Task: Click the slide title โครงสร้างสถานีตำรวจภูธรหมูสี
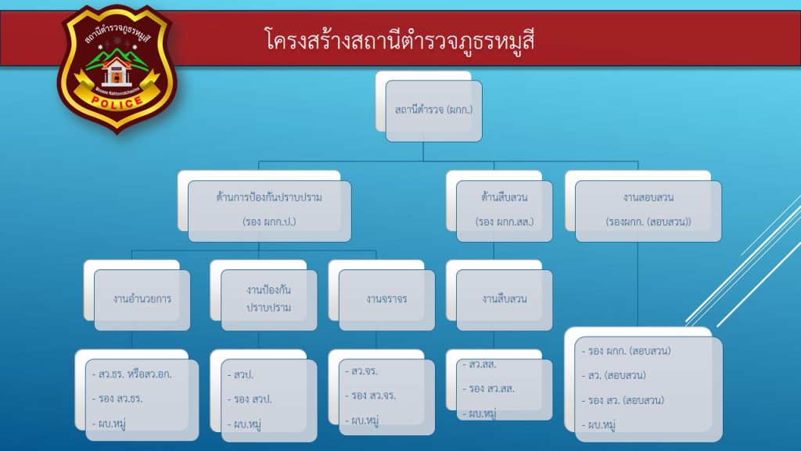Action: [x=400, y=40]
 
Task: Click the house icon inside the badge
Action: [x=117, y=72]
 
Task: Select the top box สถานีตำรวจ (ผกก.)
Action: [x=433, y=110]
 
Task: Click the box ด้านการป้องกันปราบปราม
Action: [x=269, y=211]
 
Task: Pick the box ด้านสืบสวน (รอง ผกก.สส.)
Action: [x=505, y=211]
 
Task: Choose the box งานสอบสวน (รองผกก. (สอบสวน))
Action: [x=648, y=211]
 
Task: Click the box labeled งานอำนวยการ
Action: [x=142, y=300]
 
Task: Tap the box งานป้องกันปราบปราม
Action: [x=269, y=300]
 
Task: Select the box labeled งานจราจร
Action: [x=386, y=300]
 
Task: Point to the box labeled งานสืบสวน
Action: [x=505, y=300]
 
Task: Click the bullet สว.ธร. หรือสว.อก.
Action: [x=131, y=374]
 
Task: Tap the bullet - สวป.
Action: [x=240, y=375]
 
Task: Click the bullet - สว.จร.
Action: [x=361, y=371]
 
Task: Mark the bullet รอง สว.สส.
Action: [x=488, y=389]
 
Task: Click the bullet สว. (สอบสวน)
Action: [x=613, y=376]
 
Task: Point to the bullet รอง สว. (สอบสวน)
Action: [x=623, y=400]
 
